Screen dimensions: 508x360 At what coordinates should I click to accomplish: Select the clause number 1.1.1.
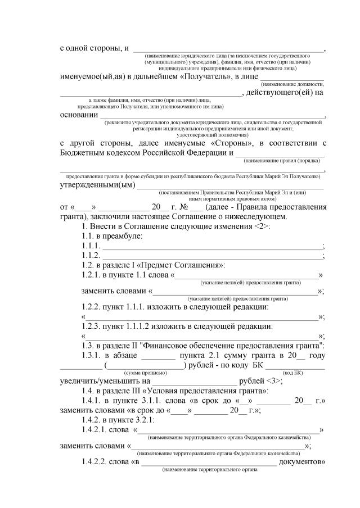[90, 246]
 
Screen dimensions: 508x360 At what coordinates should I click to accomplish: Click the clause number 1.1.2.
[90, 256]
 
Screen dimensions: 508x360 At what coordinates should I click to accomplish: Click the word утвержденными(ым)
[96, 185]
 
